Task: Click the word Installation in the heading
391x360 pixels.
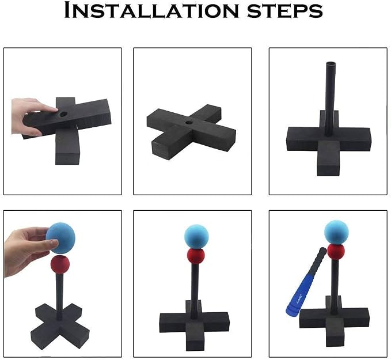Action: [151, 10]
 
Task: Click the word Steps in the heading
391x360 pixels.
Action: [285, 11]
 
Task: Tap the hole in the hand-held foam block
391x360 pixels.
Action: [63, 115]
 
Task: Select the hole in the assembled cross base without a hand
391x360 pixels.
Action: [190, 123]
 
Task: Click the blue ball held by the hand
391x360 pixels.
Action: [60, 238]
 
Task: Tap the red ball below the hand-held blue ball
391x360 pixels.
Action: [60, 264]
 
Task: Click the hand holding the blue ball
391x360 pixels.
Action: [28, 250]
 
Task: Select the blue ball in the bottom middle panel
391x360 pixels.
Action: [196, 237]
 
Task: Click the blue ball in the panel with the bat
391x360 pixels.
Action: [336, 232]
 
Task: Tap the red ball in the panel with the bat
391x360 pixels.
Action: [336, 252]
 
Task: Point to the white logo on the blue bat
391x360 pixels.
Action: [299, 298]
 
